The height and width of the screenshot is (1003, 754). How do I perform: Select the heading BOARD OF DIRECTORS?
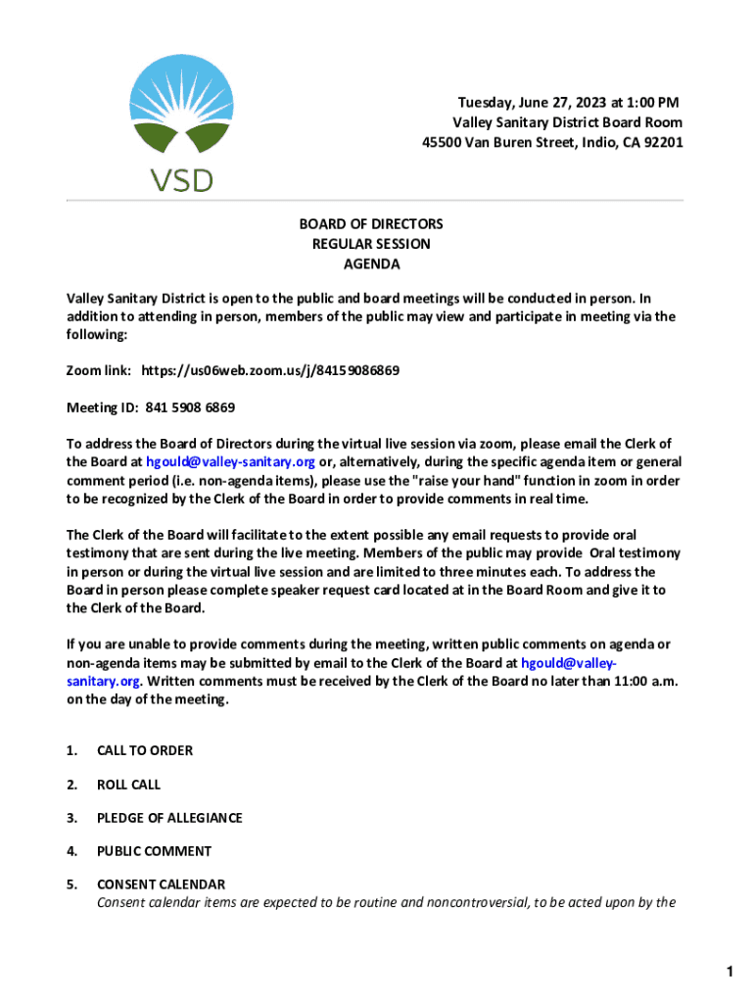371,224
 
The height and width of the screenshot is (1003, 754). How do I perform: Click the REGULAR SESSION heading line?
371,244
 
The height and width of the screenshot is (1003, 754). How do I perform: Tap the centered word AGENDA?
371,264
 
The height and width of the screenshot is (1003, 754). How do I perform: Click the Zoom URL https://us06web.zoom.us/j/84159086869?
270,371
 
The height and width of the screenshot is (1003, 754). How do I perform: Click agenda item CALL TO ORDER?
145,750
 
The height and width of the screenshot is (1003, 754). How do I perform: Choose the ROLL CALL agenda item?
128,785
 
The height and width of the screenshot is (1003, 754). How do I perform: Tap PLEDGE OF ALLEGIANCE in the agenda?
169,818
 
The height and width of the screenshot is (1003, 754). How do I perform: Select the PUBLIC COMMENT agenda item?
154,851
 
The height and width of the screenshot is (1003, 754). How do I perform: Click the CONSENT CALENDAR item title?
161,884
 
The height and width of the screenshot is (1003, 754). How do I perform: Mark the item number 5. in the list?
71,884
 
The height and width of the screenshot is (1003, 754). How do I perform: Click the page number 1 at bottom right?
730,972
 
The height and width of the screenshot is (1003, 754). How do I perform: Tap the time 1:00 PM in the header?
646,103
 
